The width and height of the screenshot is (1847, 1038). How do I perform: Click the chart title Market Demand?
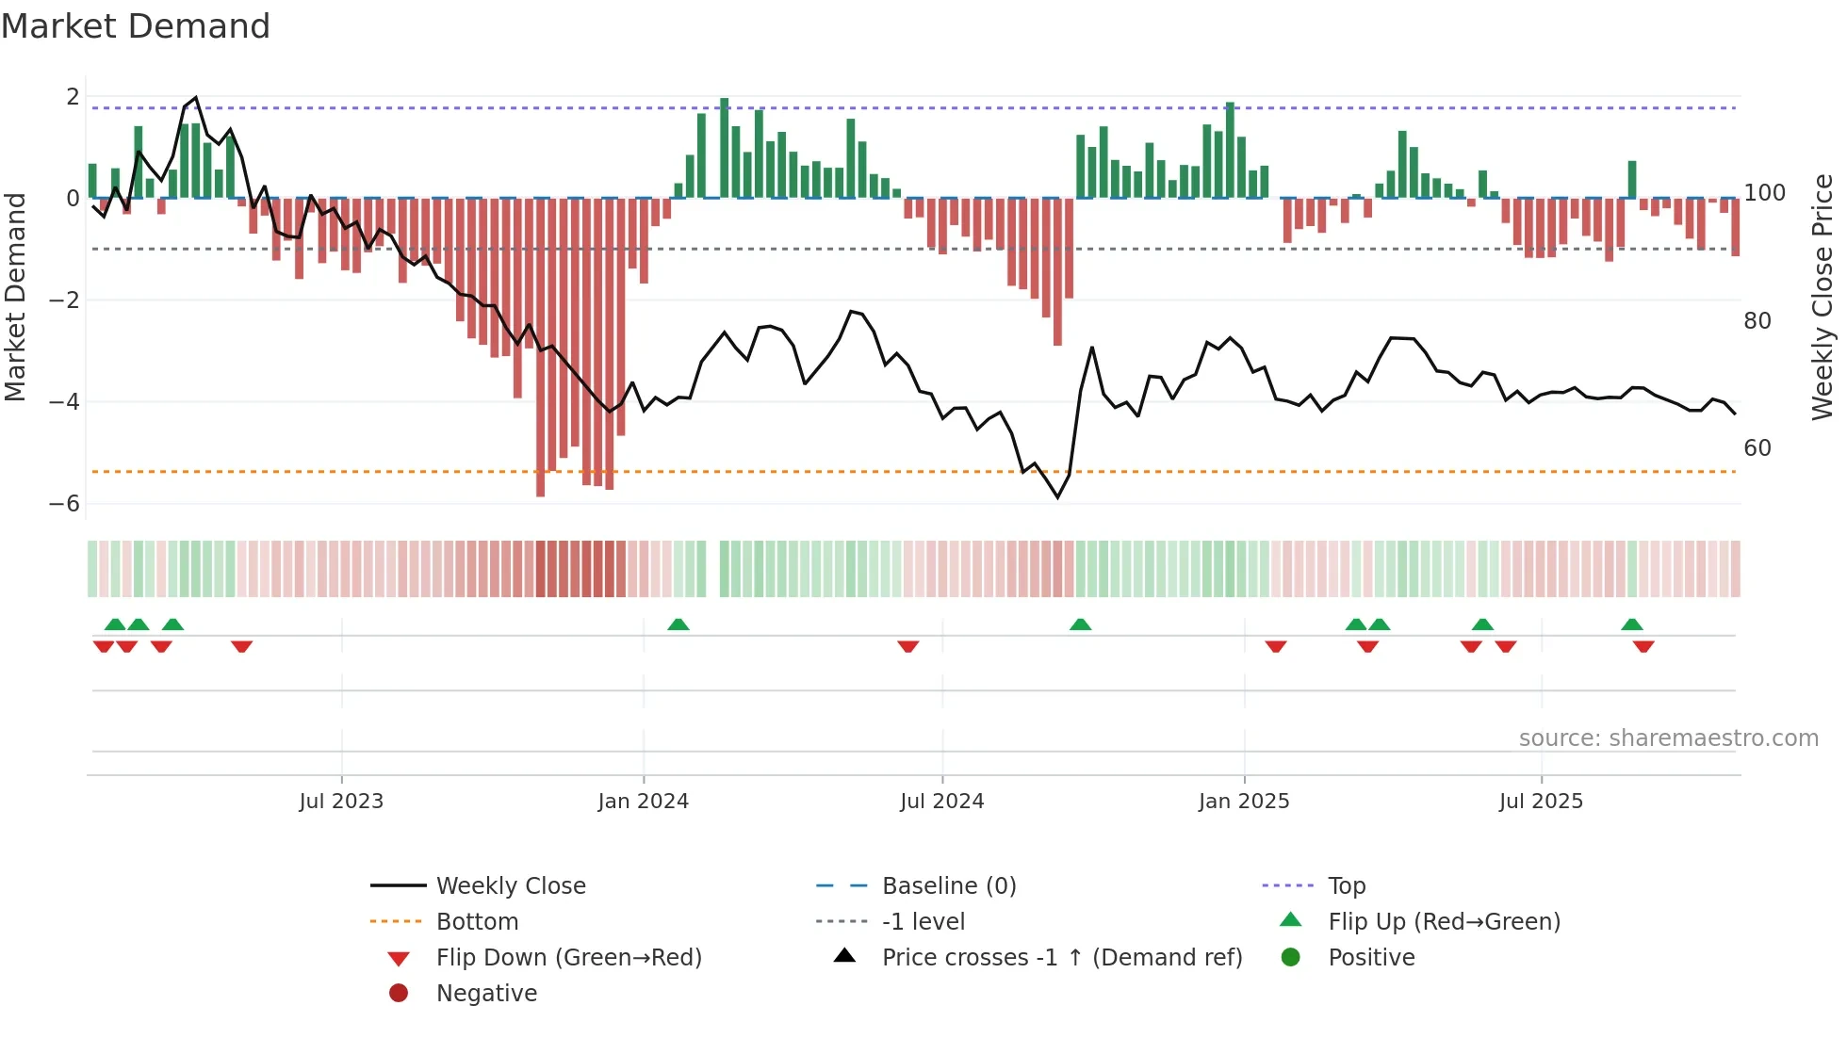click(x=136, y=26)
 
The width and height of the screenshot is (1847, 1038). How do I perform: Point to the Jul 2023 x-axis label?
click(x=341, y=802)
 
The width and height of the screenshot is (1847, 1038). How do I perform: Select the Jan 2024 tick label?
click(x=644, y=802)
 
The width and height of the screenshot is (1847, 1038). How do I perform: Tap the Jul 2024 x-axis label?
click(x=941, y=802)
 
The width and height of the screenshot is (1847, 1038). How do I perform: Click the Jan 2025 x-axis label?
click(x=1244, y=802)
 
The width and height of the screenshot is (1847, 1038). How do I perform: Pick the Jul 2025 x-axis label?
click(x=1541, y=802)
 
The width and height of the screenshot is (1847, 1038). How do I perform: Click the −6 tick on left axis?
click(x=65, y=504)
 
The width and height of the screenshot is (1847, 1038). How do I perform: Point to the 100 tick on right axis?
click(x=1764, y=193)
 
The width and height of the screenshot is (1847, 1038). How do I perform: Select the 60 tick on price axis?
click(x=1757, y=448)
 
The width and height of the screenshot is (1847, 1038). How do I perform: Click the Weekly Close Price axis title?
click(x=1822, y=297)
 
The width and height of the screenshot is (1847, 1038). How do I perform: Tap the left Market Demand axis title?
click(x=15, y=297)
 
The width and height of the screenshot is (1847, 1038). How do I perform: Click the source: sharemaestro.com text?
click(x=1668, y=738)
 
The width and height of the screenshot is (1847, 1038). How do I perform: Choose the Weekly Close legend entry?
click(x=510, y=886)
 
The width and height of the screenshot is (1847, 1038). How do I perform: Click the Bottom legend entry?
click(x=477, y=922)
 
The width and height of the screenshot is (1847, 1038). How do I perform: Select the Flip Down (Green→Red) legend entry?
click(x=568, y=958)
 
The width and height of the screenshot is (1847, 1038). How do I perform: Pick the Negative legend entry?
click(x=486, y=994)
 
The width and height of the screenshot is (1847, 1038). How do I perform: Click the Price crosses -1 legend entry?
click(x=1061, y=958)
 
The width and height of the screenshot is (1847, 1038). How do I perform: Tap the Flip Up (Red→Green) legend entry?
click(x=1444, y=922)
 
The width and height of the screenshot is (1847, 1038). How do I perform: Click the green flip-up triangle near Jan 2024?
click(x=678, y=624)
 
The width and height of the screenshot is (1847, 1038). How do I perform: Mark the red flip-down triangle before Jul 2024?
click(x=908, y=646)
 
